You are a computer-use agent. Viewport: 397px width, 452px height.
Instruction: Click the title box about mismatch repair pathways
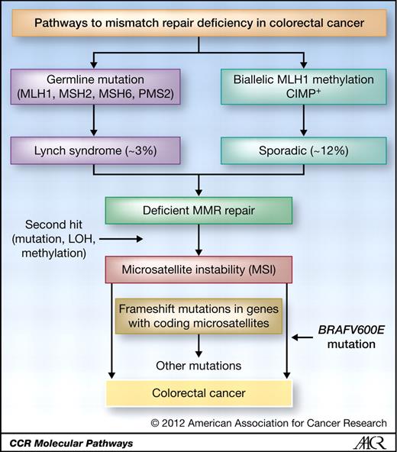(198, 23)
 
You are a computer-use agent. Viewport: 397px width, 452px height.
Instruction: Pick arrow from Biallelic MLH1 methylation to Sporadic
(304, 124)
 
